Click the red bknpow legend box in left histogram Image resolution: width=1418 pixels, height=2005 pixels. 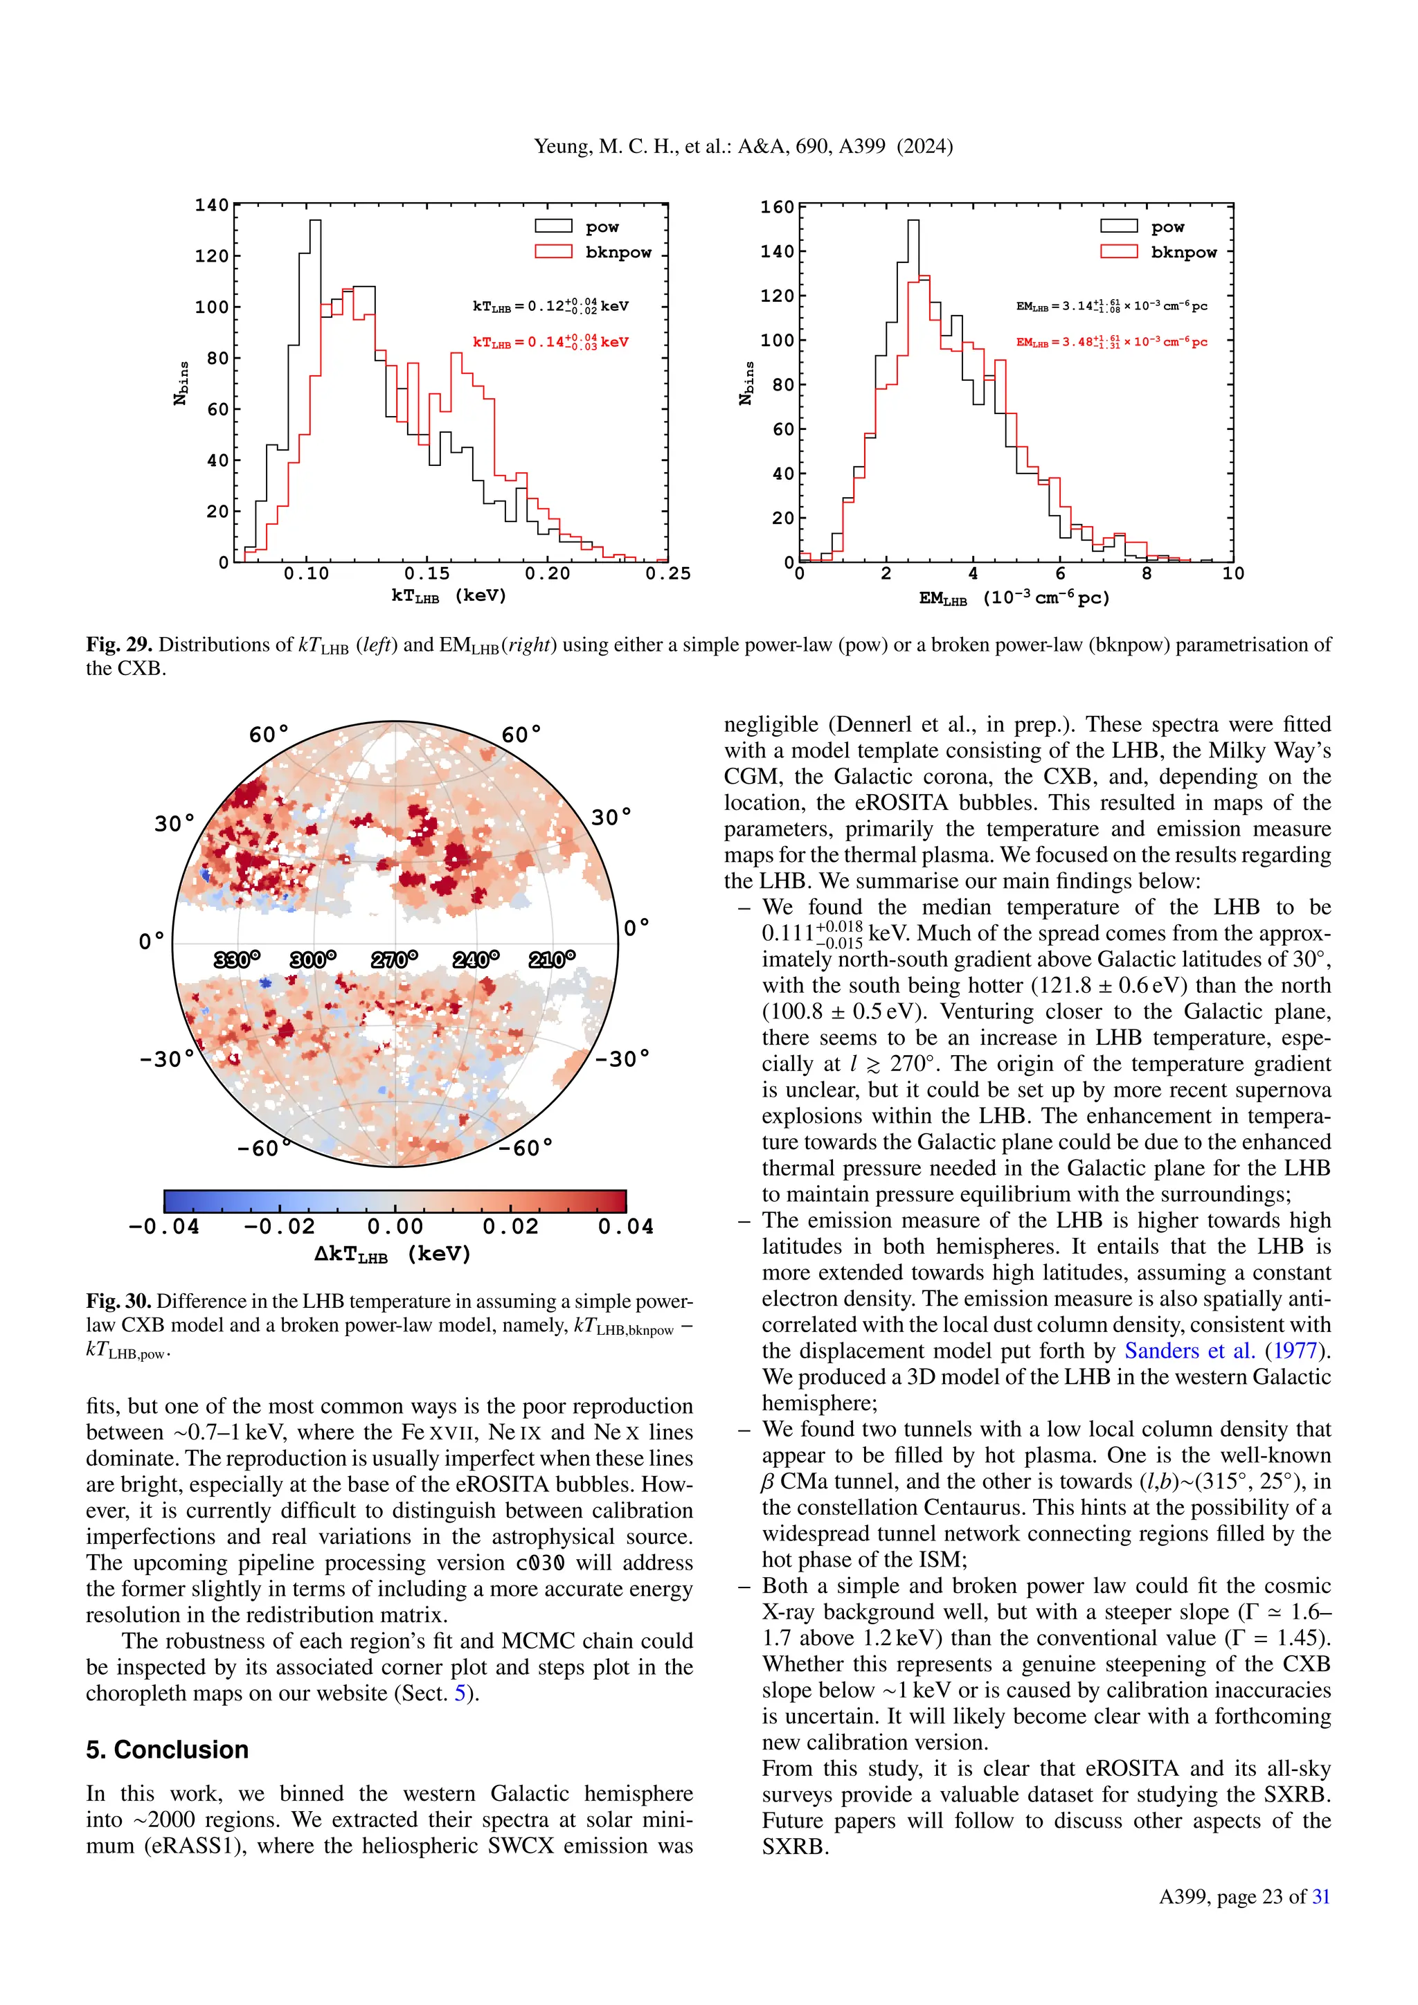tap(554, 251)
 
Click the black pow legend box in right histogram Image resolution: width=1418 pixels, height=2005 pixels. tap(1118, 226)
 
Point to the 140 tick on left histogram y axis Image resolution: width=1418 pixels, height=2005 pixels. tap(211, 205)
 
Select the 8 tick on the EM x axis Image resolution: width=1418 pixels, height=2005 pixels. tap(1147, 574)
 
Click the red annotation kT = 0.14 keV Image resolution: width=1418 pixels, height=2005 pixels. tap(550, 341)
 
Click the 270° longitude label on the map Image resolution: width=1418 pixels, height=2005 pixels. tap(395, 960)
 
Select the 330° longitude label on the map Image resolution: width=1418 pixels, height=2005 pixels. tap(237, 960)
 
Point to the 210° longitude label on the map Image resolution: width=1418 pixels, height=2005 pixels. tap(552, 960)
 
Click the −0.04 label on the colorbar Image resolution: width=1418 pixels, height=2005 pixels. tap(164, 1227)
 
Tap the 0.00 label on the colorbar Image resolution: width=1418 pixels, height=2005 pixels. tap(395, 1227)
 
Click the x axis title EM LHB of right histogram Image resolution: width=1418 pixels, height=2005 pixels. tap(1014, 598)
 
